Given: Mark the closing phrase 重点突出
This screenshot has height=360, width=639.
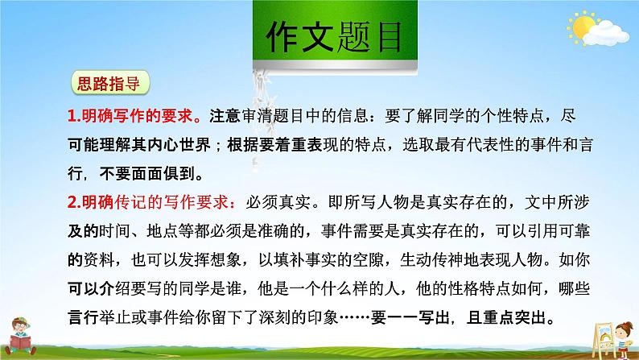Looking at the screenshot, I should click(506, 317).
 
